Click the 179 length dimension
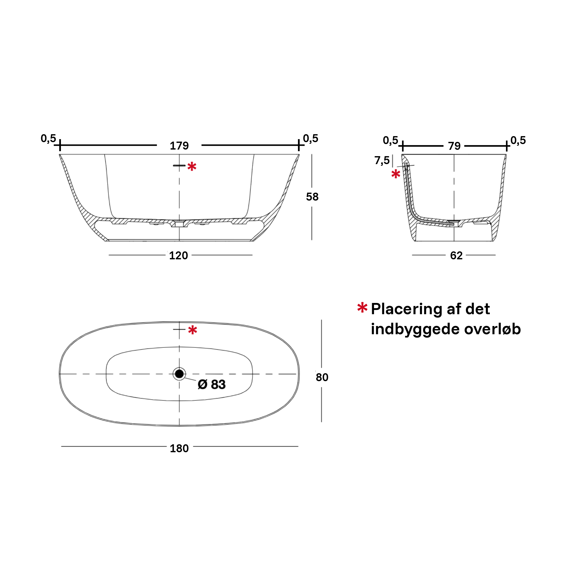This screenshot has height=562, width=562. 179,146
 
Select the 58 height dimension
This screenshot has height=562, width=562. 312,197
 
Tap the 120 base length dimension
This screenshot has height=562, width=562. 179,256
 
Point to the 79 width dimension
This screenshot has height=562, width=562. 454,146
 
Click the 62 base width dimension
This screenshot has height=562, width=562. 456,256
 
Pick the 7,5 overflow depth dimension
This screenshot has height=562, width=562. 382,160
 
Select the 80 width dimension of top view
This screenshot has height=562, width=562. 322,377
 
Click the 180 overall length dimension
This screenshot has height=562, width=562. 179,449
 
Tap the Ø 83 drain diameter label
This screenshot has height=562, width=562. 212,384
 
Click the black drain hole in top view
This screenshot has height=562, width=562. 179,374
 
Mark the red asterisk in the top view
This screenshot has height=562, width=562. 193,330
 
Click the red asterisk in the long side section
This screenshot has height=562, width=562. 192,167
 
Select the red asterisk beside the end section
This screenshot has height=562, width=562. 396,174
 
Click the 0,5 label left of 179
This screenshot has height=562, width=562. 48,139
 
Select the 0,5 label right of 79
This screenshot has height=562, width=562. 518,140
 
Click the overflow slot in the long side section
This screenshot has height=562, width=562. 179,165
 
